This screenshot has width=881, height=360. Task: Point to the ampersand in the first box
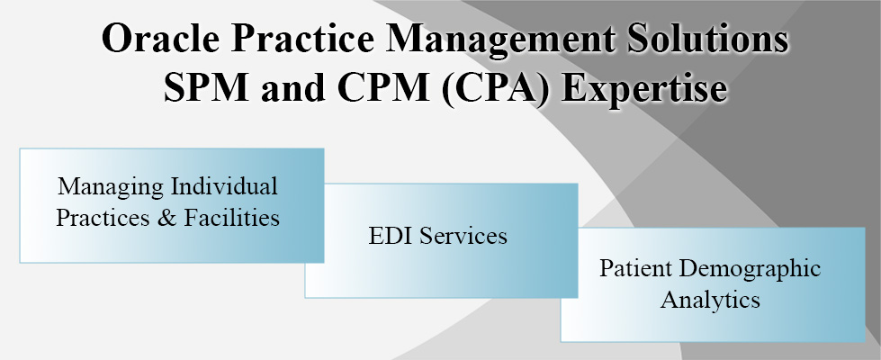click(x=166, y=217)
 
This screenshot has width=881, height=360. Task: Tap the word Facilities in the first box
click(x=232, y=217)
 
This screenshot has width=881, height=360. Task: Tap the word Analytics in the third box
click(x=710, y=301)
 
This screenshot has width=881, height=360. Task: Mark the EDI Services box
click(x=441, y=240)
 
